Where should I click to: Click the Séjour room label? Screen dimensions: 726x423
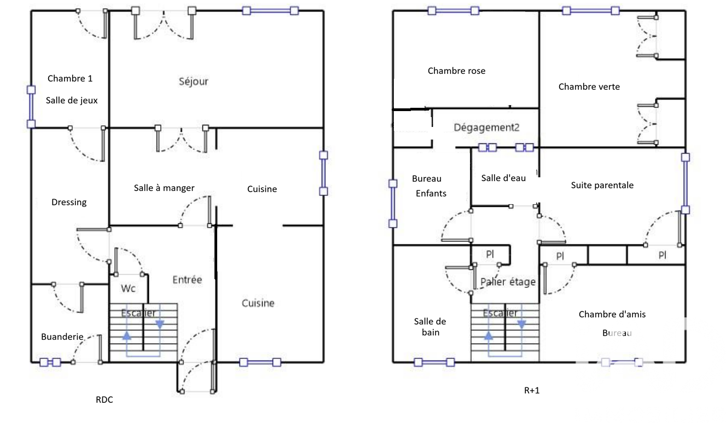click(x=194, y=82)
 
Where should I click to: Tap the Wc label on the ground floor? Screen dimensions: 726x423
click(x=128, y=288)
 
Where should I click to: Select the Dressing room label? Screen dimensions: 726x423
click(x=69, y=202)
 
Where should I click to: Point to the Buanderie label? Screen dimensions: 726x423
click(x=62, y=337)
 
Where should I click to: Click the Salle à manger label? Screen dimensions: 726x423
click(x=164, y=188)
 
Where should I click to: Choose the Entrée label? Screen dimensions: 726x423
click(x=187, y=280)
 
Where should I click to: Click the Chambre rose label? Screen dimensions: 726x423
click(x=457, y=71)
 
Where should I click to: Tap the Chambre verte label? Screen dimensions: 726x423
click(x=589, y=86)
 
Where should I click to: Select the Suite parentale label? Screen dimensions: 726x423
click(x=602, y=185)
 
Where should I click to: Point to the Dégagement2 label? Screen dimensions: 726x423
click(x=486, y=128)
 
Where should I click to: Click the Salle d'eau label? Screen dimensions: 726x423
click(x=503, y=178)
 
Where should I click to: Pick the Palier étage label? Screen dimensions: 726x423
click(x=508, y=282)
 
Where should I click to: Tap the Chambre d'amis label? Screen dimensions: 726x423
click(x=612, y=314)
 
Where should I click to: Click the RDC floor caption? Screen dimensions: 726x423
click(x=104, y=399)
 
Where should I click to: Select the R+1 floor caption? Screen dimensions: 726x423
click(x=532, y=390)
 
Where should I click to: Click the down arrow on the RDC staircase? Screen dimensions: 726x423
click(x=160, y=324)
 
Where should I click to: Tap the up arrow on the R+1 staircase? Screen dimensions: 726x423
click(x=489, y=335)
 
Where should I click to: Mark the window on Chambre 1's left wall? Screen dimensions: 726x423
click(x=31, y=107)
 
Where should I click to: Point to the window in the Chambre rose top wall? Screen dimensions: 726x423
click(x=453, y=11)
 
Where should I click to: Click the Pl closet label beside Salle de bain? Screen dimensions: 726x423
click(x=490, y=254)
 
